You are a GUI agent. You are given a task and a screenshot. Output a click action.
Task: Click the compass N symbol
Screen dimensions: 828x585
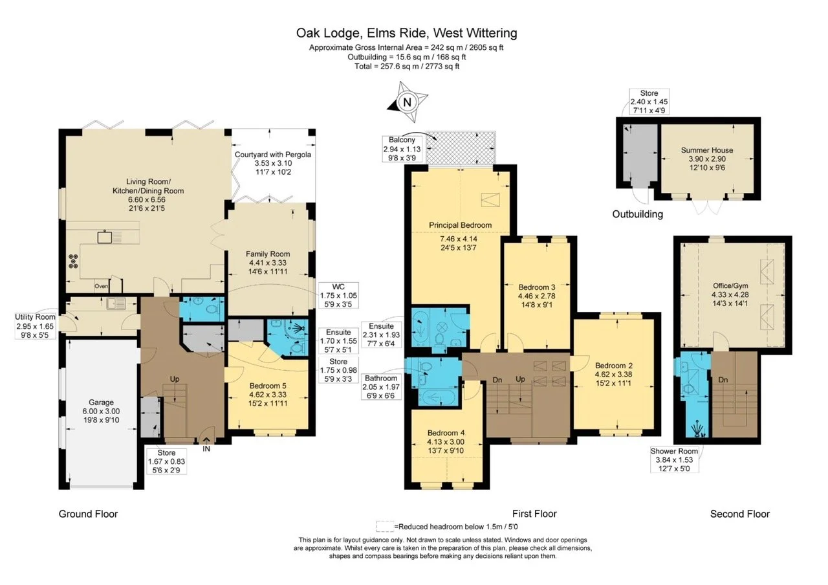tap(407, 102)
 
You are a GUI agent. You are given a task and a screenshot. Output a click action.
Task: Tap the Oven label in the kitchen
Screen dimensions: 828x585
tap(101, 286)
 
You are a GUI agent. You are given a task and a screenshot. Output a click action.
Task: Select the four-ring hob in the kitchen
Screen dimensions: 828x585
tap(73, 261)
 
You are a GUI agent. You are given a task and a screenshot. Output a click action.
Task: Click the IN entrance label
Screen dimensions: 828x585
tap(206, 448)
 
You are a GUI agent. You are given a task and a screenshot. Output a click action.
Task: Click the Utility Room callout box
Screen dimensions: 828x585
tap(35, 326)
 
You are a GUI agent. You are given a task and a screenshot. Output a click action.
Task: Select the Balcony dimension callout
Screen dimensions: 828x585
tap(402, 148)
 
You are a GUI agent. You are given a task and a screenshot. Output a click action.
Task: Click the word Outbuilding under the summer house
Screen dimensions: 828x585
tap(638, 214)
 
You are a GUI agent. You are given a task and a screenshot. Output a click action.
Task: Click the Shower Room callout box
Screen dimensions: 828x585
tap(674, 459)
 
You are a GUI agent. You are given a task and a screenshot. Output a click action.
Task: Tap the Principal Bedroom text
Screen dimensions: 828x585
tap(460, 225)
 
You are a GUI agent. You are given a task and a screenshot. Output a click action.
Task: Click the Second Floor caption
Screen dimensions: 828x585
tap(739, 514)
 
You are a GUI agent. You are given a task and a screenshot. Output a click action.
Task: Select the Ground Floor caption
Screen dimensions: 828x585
tap(88, 514)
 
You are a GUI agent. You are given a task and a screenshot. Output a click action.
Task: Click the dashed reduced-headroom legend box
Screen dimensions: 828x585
tap(385, 526)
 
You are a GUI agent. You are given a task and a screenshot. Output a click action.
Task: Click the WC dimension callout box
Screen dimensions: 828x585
tap(338, 296)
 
